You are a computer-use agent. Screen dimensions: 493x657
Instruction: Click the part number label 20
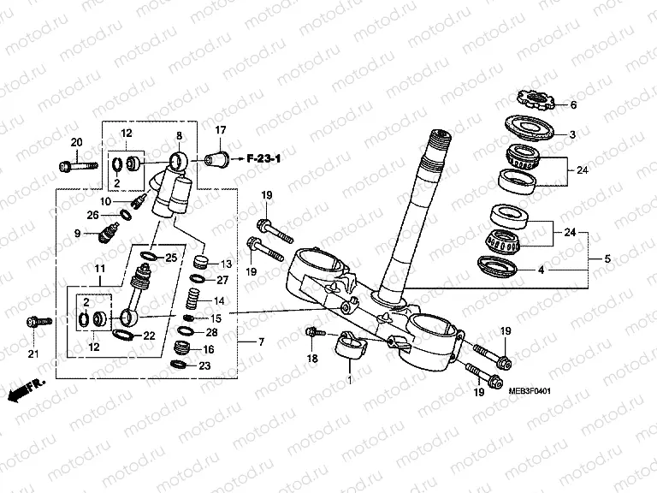tap(75, 141)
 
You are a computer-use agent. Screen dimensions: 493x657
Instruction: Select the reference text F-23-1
tap(266, 158)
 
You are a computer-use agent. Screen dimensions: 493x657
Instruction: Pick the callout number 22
tap(149, 336)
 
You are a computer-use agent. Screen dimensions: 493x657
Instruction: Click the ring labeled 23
tap(180, 365)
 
